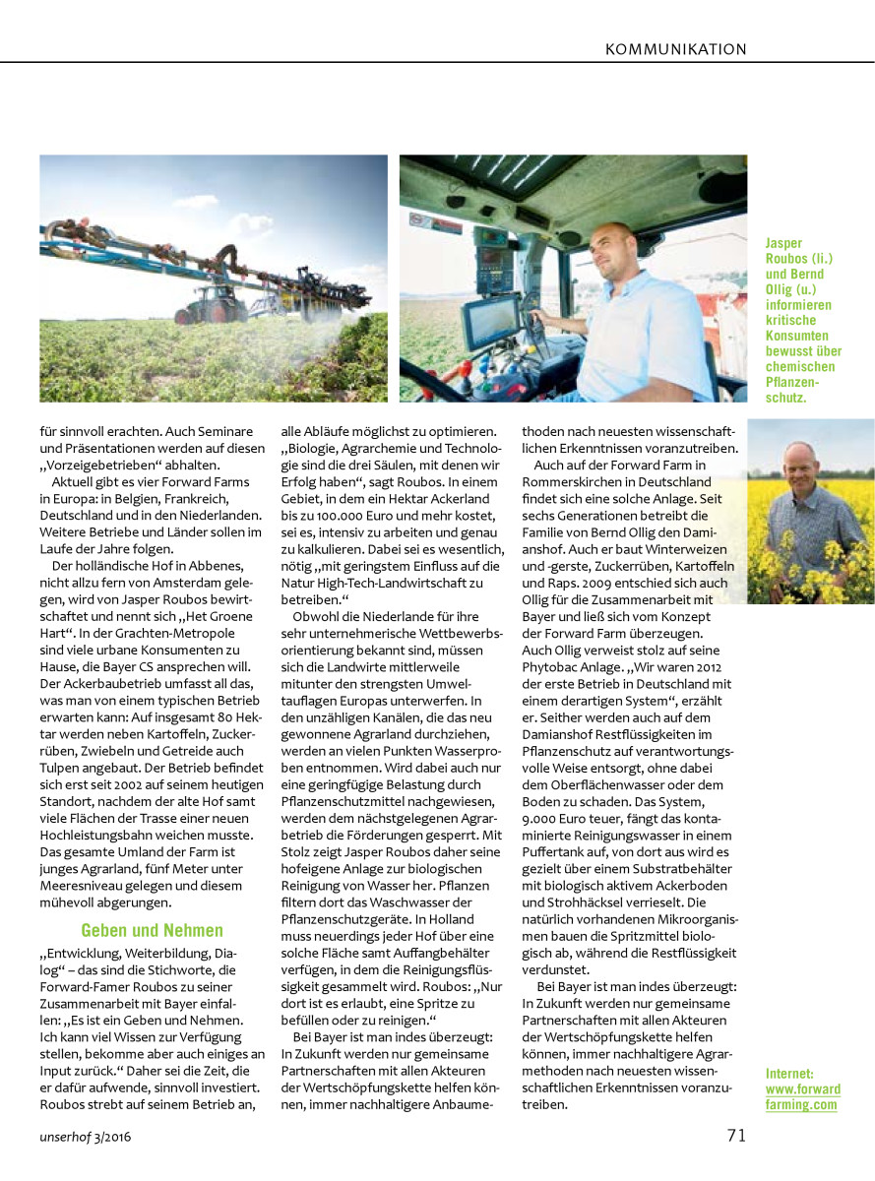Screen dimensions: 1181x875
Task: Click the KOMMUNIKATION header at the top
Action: [675, 49]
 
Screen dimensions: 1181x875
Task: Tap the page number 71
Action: [736, 1135]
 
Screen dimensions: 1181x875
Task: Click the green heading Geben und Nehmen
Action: [152, 930]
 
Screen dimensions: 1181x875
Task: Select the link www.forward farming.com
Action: [802, 1096]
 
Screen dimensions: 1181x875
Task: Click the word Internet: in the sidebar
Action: [789, 1073]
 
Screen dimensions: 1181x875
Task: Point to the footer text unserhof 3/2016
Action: [87, 1137]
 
